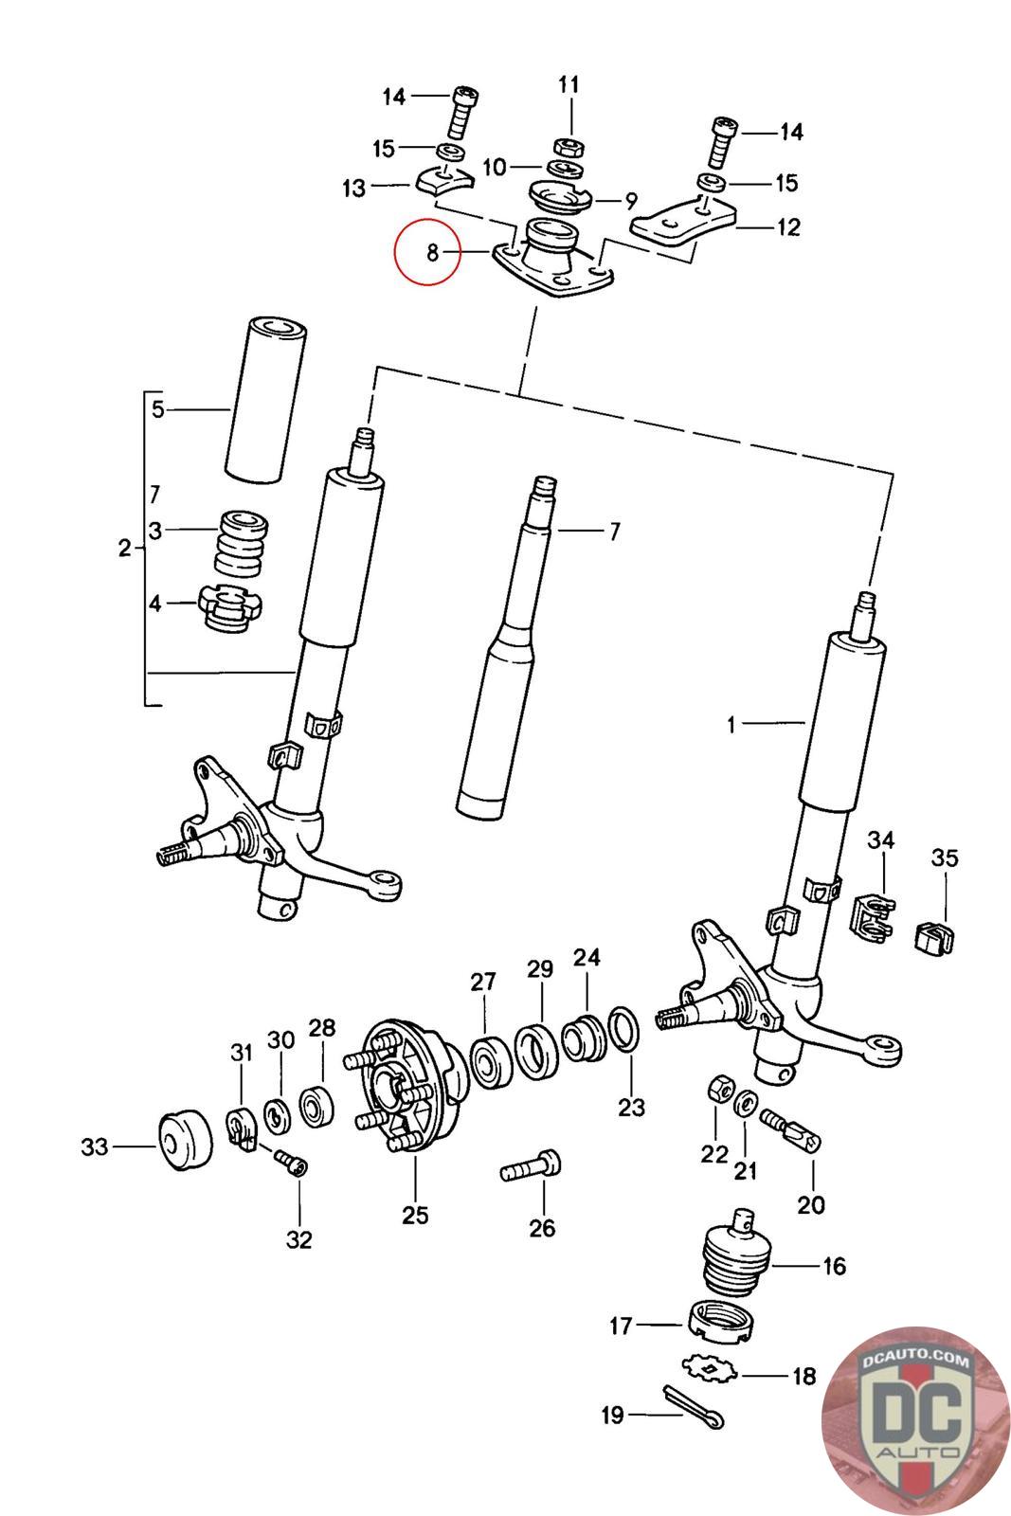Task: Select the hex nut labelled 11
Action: (x=569, y=146)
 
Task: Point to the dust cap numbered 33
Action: (x=185, y=1140)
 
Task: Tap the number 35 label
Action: (x=945, y=858)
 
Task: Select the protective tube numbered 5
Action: (x=265, y=400)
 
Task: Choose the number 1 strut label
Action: (x=731, y=726)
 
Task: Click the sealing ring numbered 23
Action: (x=623, y=1029)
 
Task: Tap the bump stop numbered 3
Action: (x=242, y=544)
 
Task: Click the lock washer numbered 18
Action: (x=710, y=1369)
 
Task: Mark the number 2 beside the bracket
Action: (x=124, y=549)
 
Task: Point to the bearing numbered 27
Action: (x=491, y=1061)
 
